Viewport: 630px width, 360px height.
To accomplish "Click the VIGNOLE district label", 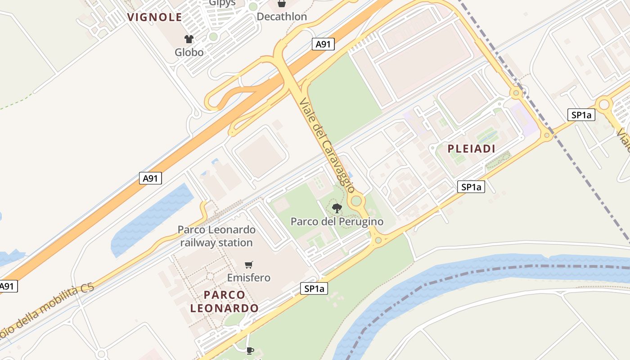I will [x=155, y=18].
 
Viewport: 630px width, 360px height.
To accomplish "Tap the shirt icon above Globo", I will [x=189, y=40].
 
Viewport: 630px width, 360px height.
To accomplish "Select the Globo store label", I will [x=189, y=52].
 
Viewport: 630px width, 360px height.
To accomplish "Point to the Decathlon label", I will [x=282, y=17].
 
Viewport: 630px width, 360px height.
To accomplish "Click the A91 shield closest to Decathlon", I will [x=323, y=44].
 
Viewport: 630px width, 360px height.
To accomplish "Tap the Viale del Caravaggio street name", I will [x=327, y=145].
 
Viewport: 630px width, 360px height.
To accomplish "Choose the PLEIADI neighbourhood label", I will [x=471, y=149].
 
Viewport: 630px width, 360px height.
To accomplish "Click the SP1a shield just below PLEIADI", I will [x=471, y=187].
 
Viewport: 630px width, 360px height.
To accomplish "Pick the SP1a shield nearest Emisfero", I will [x=314, y=289].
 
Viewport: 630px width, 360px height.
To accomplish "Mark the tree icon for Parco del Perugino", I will [x=337, y=208].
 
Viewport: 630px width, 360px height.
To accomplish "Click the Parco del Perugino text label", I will [x=337, y=221].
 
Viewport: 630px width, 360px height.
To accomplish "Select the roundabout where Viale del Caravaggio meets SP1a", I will [x=378, y=240].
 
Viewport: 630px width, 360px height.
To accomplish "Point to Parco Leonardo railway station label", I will [x=216, y=236].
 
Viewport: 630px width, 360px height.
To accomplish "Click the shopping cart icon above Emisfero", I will [x=248, y=265].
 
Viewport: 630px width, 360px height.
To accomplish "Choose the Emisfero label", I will [x=248, y=278].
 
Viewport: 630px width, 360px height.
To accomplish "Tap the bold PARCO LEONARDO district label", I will [x=224, y=301].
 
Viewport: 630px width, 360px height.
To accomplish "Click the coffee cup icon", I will [x=250, y=350].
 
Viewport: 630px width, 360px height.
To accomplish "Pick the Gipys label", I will [x=222, y=3].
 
